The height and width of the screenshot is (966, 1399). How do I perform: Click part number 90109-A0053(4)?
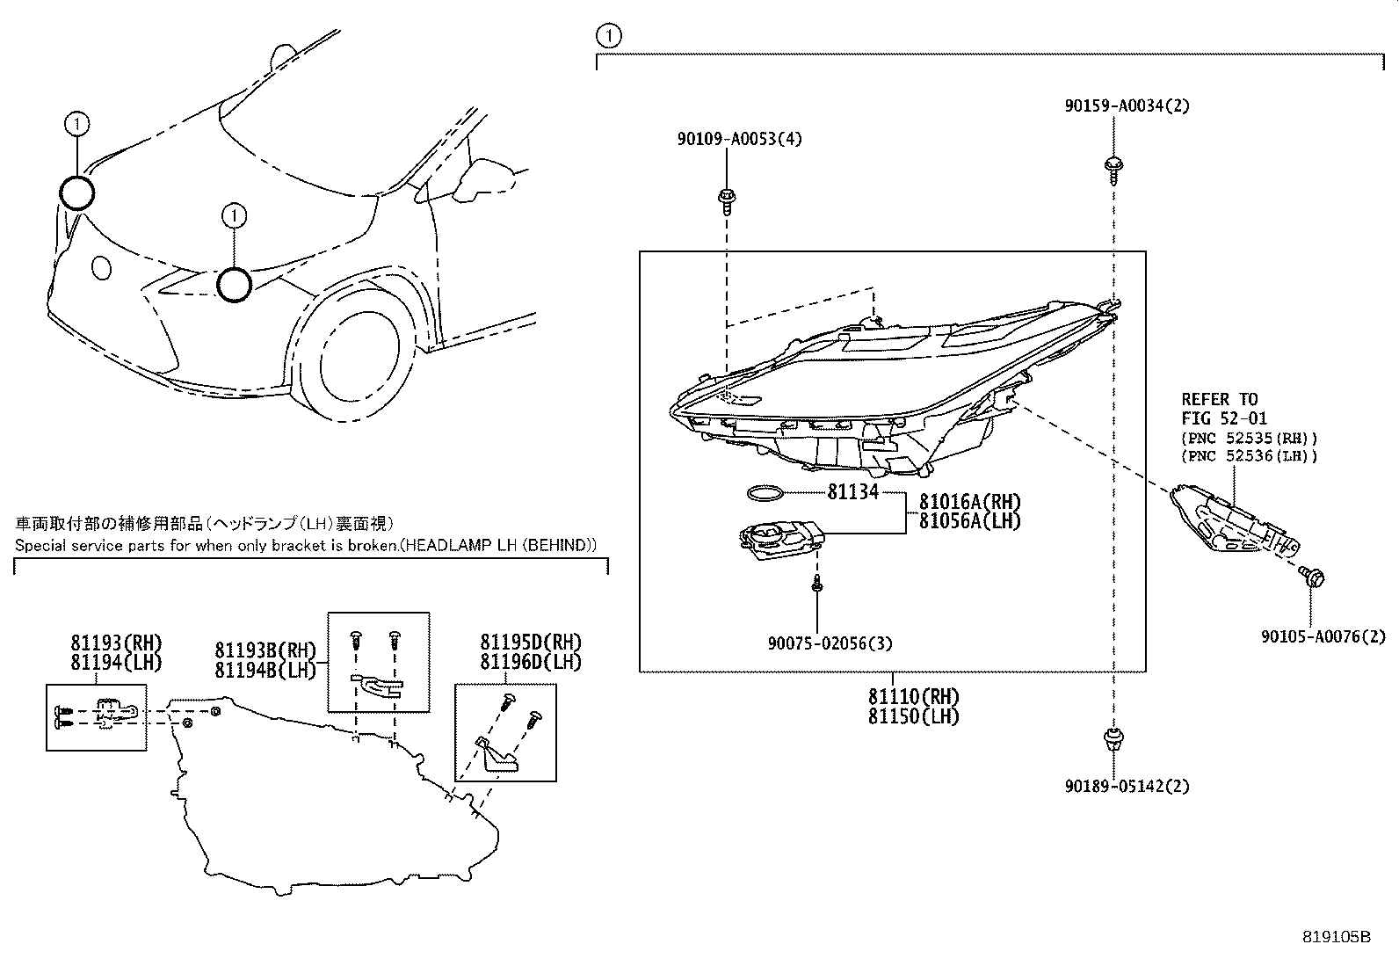point(739,139)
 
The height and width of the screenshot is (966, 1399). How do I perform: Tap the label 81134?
point(852,491)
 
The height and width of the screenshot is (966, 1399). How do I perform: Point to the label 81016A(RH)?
point(970,502)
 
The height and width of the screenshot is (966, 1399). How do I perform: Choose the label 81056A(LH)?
point(970,520)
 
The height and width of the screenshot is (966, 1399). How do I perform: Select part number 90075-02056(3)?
point(830,643)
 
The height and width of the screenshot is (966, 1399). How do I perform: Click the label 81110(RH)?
point(914,697)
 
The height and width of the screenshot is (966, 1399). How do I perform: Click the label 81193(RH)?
point(117,643)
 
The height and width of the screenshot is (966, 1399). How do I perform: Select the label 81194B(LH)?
point(265,669)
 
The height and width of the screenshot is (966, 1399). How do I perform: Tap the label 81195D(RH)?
point(531,643)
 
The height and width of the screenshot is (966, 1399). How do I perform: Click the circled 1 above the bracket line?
point(607,36)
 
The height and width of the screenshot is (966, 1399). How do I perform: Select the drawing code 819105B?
point(1336,937)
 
